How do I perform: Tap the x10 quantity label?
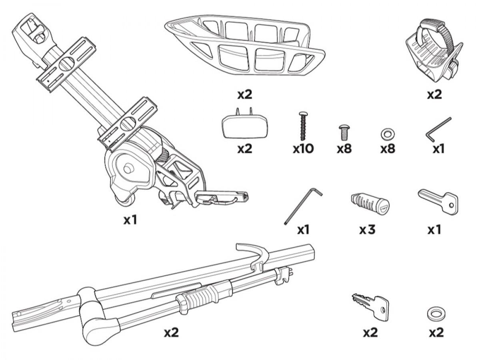coord(303,149)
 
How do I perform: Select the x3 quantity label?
coord(367,230)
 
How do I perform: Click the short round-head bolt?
coord(343,132)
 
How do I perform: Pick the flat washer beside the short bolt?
coord(387,134)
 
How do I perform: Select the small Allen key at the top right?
coord(438,130)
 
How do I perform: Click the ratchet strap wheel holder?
coord(434,52)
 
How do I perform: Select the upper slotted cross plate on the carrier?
coord(66,64)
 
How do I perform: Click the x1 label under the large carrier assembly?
coord(130,220)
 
